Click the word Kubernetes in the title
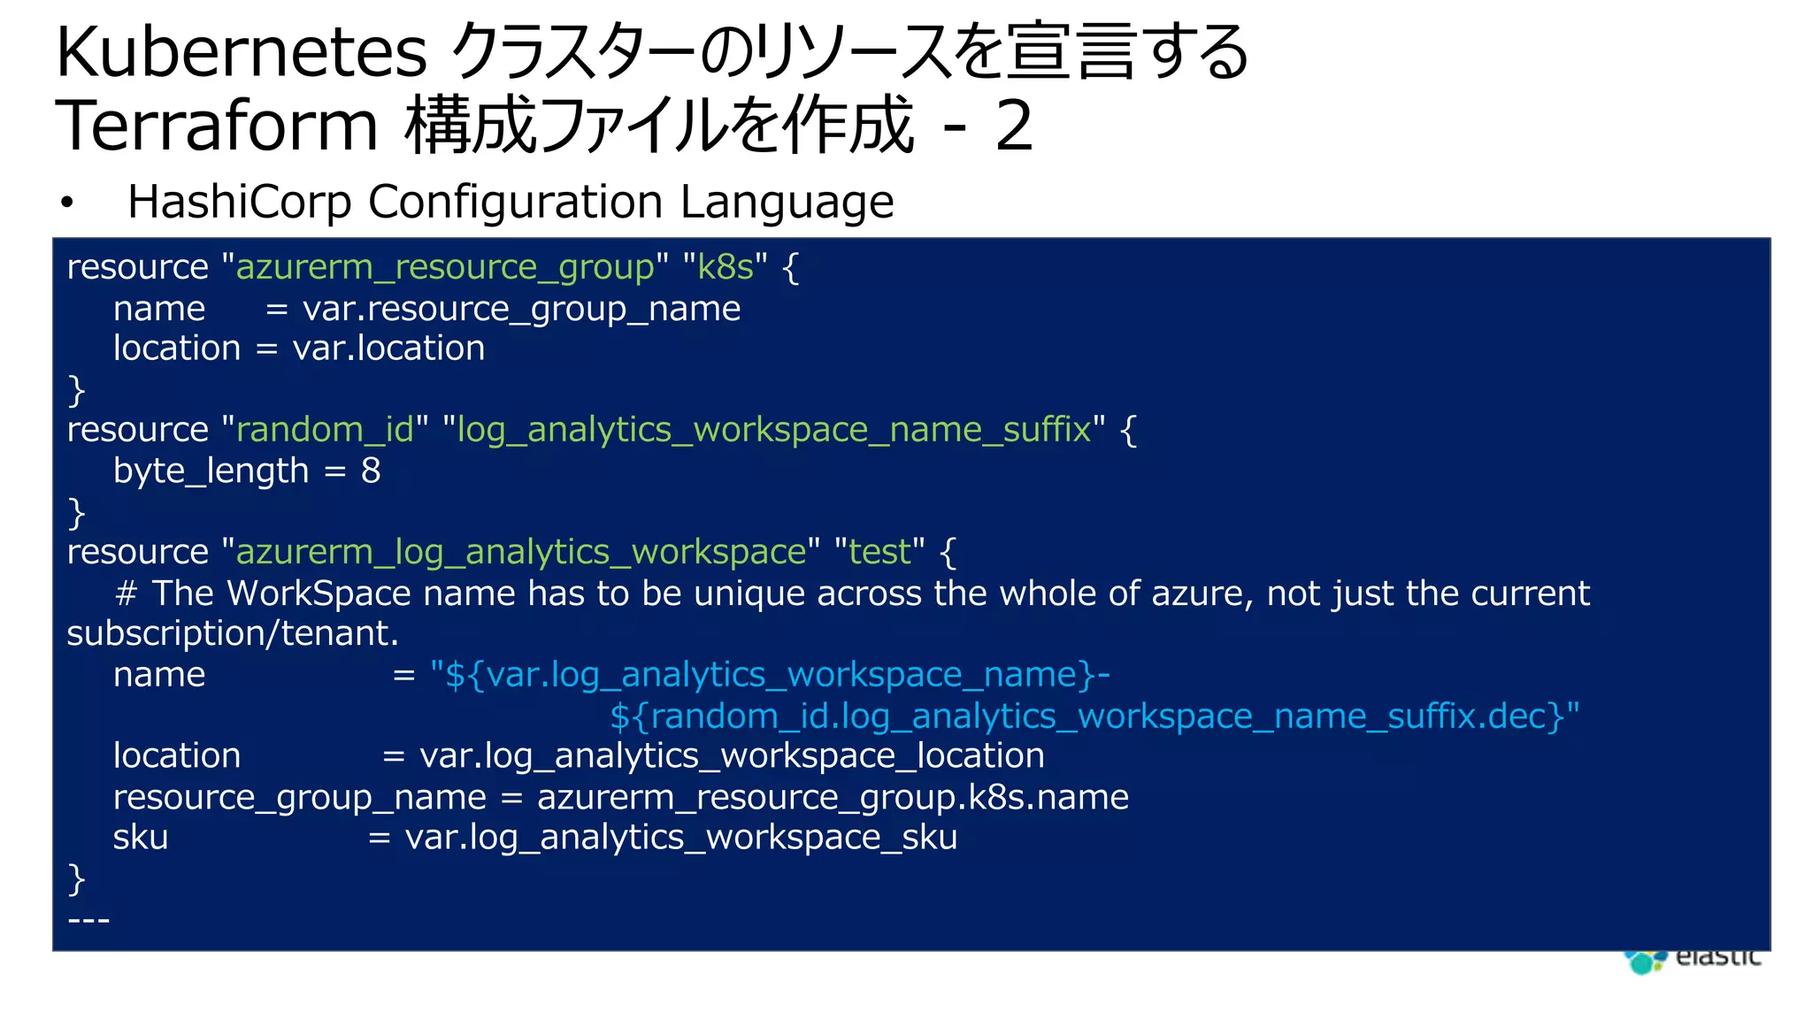(241, 53)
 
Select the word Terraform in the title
(218, 126)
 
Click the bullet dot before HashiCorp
(66, 203)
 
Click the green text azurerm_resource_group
(445, 267)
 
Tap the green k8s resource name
(726, 267)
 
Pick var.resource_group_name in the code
(521, 309)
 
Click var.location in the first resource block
(388, 349)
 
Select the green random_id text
(325, 430)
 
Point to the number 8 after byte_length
(371, 471)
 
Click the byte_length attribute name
(211, 471)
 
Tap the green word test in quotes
(879, 552)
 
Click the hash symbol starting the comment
(126, 594)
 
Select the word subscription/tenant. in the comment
(233, 633)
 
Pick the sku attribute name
(140, 838)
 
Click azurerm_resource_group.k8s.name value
(833, 798)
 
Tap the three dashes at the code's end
(88, 921)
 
